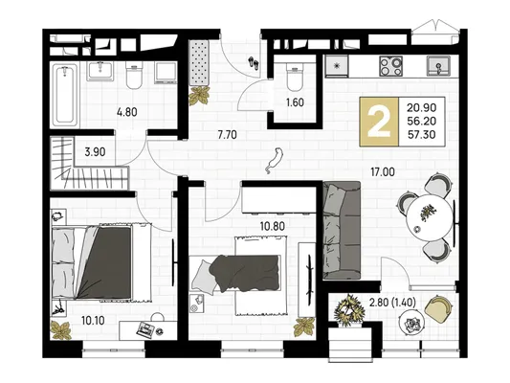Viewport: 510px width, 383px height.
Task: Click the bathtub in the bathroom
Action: (65, 95)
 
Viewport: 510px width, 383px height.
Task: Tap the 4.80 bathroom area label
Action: (127, 112)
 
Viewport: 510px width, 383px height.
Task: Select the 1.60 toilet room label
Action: (295, 102)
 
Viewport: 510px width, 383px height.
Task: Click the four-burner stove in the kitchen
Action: (390, 66)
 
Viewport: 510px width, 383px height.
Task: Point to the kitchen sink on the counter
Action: (438, 66)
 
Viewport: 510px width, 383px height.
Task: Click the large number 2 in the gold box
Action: (379, 121)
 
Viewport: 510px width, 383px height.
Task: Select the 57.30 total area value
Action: (422, 134)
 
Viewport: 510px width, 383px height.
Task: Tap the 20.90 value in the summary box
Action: (422, 107)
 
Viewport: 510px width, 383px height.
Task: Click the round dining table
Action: (430, 217)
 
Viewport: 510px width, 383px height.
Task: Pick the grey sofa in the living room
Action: (342, 231)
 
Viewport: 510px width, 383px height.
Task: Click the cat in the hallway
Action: (275, 160)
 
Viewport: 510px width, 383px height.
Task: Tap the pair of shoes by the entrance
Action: (254, 62)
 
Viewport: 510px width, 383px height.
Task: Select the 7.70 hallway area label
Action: (228, 134)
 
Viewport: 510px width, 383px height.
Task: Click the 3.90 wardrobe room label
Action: (95, 152)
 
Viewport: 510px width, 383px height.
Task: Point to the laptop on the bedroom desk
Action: (145, 328)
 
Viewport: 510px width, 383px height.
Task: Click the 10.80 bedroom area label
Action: (273, 226)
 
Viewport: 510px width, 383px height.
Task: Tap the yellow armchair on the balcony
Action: (438, 306)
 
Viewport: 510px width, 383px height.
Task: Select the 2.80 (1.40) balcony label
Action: (392, 303)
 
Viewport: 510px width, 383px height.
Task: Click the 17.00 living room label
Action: (383, 171)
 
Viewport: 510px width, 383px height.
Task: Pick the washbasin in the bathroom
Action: (100, 71)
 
